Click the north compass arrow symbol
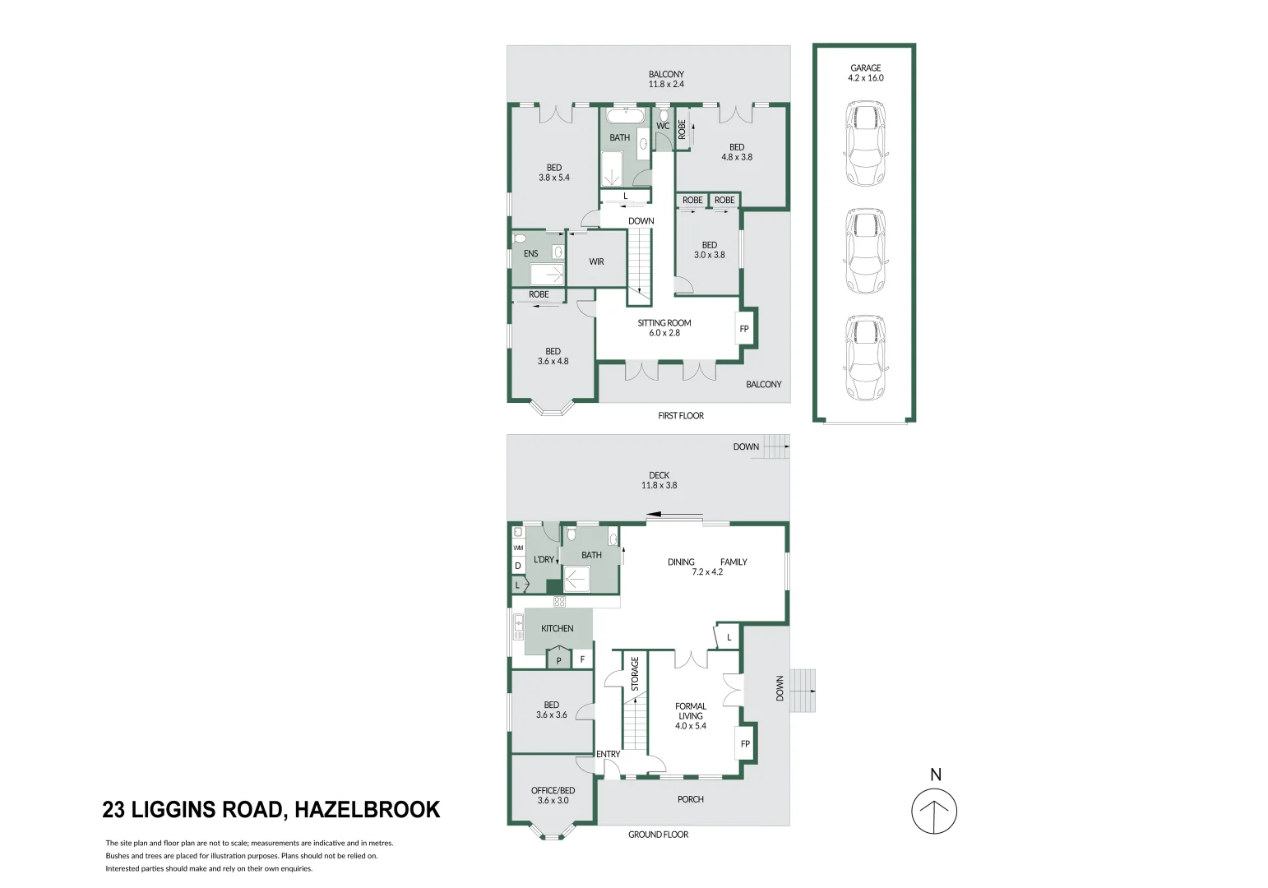pyautogui.click(x=934, y=811)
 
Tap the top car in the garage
pyautogui.click(x=865, y=144)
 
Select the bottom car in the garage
pyautogui.click(x=865, y=357)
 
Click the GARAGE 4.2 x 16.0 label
pyautogui.click(x=865, y=73)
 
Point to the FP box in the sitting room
pyautogui.click(x=744, y=329)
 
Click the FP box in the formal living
pyautogui.click(x=745, y=744)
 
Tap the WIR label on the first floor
pyautogui.click(x=596, y=261)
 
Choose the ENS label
pyautogui.click(x=531, y=253)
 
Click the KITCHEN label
pyautogui.click(x=557, y=628)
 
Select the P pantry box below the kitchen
pyautogui.click(x=559, y=659)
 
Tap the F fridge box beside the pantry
pyautogui.click(x=582, y=659)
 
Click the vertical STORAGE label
pyautogui.click(x=635, y=673)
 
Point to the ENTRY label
pyautogui.click(x=609, y=754)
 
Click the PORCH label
pyautogui.click(x=691, y=799)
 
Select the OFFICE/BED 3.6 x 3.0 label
pyautogui.click(x=553, y=795)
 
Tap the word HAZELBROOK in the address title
pyautogui.click(x=367, y=810)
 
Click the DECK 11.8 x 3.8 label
pyautogui.click(x=659, y=480)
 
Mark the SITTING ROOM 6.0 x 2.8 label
pyautogui.click(x=664, y=328)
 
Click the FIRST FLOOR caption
pyautogui.click(x=681, y=416)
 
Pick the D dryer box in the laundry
pyautogui.click(x=518, y=566)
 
